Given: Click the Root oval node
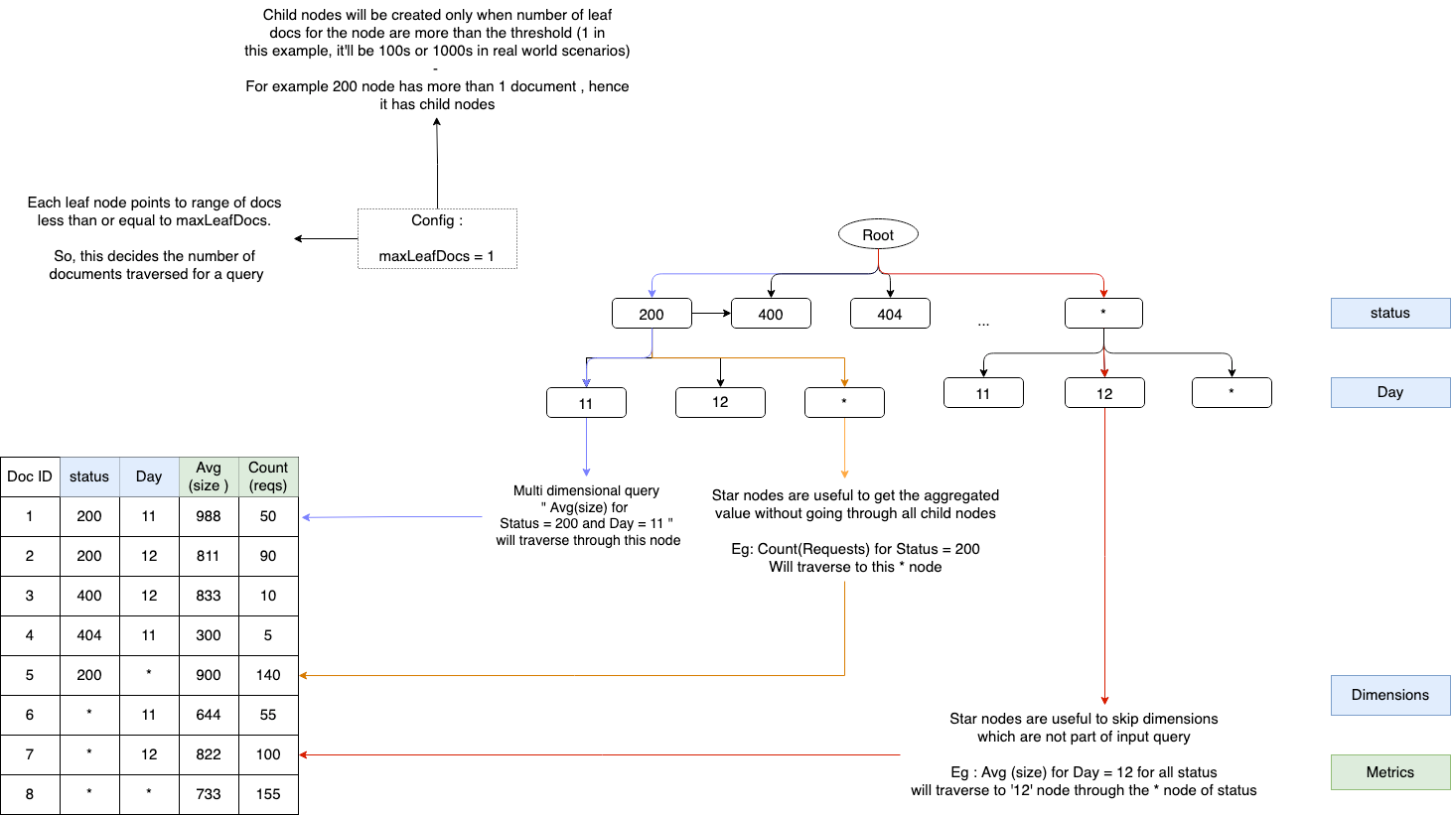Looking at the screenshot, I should (x=878, y=234).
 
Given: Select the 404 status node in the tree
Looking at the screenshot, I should (x=890, y=314).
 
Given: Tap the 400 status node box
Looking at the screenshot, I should (x=771, y=314).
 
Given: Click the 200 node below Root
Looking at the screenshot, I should (x=652, y=314).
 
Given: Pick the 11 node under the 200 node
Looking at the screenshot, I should (x=586, y=403).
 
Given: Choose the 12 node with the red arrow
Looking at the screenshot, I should (x=1104, y=393).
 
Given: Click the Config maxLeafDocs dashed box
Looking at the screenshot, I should (x=437, y=238).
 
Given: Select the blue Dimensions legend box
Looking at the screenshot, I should (x=1389, y=695).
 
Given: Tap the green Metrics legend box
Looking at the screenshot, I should (x=1389, y=772).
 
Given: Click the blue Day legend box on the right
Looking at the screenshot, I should (x=1389, y=392).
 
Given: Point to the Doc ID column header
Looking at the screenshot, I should (x=30, y=476).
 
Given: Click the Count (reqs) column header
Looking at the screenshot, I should (x=268, y=476).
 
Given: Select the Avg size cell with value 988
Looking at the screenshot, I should (x=209, y=516).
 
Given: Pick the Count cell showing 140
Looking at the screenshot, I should (x=268, y=675).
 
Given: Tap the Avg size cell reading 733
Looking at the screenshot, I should (x=209, y=794).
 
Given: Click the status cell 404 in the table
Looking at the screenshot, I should (x=89, y=635).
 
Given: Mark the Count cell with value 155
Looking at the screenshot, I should (x=268, y=794).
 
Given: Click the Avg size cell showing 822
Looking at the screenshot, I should (x=209, y=754).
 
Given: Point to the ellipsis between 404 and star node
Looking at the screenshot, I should (x=983, y=323).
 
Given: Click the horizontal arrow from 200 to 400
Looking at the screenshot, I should (x=711, y=314).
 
